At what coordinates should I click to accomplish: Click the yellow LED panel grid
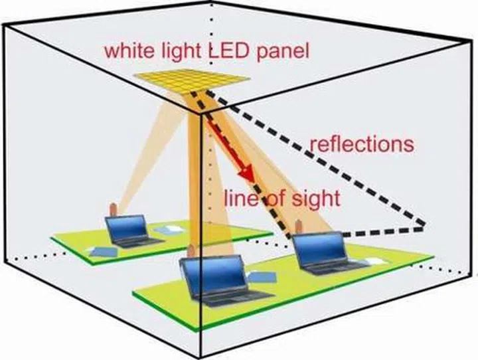(192, 80)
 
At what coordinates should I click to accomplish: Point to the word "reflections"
(362, 143)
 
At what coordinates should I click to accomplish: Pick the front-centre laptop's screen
(207, 272)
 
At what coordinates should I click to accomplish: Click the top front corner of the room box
(202, 114)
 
